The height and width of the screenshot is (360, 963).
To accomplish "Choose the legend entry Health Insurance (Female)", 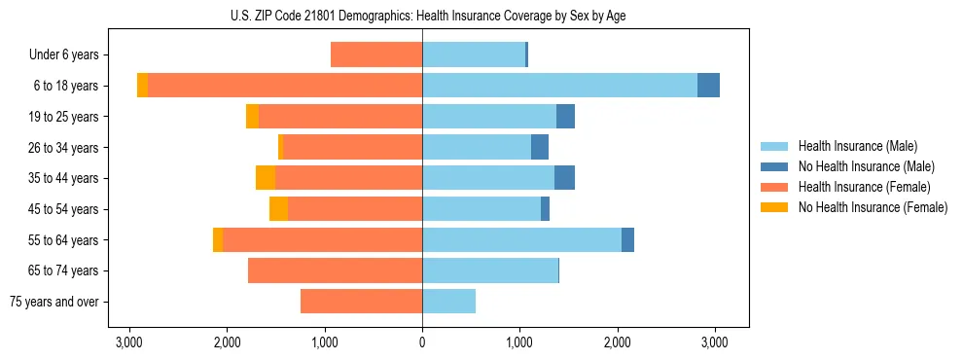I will pyautogui.click(x=857, y=187).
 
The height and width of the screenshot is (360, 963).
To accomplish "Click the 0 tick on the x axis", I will pyautogui.click(x=422, y=342).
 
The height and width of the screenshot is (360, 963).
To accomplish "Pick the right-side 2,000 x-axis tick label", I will pyautogui.click(x=618, y=342).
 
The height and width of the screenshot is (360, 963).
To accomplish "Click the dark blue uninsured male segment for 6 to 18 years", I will pyautogui.click(x=708, y=86).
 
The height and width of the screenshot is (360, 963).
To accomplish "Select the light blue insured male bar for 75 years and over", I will pyautogui.click(x=448, y=302).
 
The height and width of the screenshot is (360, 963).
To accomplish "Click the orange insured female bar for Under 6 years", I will pyautogui.click(x=376, y=54).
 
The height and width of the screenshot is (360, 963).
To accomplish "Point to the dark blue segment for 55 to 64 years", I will pyautogui.click(x=627, y=239).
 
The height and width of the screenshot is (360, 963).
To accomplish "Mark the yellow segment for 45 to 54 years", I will pyautogui.click(x=278, y=209).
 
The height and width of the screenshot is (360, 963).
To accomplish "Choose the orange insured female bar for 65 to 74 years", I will pyautogui.click(x=335, y=270).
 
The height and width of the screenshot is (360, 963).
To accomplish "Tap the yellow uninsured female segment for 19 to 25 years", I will pyautogui.click(x=252, y=117).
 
